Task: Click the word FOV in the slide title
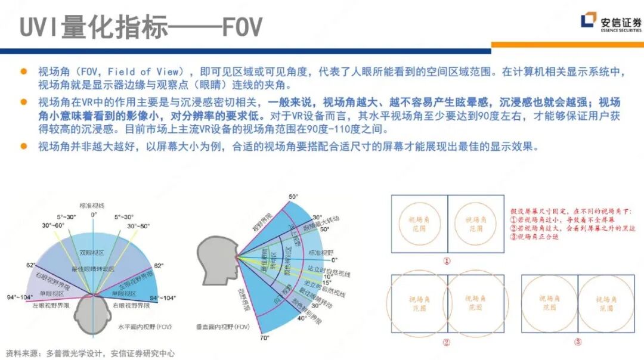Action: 241,26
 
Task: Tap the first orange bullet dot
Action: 24,72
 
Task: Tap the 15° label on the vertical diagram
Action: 326,283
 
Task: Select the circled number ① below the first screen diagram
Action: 447,260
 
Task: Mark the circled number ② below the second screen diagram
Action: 447,342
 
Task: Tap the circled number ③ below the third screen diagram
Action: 577,342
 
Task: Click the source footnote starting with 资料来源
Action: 89,353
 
